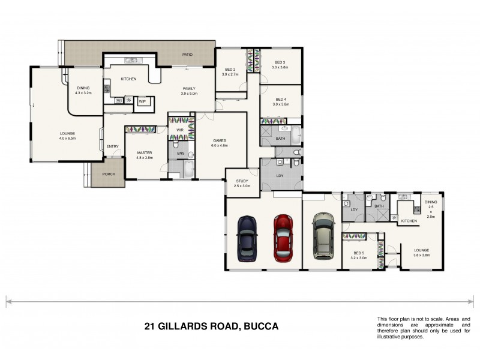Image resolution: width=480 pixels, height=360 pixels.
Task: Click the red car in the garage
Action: click(283, 238)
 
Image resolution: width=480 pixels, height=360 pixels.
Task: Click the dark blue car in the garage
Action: click(247, 238)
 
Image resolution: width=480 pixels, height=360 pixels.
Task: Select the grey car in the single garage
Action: click(323, 235)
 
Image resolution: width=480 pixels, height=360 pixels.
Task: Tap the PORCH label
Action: click(109, 175)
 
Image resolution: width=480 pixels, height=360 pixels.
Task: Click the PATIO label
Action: click(188, 55)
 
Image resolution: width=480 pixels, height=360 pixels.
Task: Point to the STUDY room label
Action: click(242, 181)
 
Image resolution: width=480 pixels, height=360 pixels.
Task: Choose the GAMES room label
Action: click(219, 140)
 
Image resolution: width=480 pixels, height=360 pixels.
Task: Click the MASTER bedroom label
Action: click(144, 153)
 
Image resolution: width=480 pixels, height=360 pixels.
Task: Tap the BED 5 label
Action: click(359, 253)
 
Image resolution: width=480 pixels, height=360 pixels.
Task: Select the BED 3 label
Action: click(280, 62)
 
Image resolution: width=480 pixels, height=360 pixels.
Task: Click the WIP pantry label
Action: click(142, 101)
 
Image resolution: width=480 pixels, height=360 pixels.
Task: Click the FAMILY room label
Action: click(190, 88)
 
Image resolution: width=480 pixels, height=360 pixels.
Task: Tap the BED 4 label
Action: click(280, 99)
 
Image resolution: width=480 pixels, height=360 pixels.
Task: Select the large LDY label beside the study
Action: click(280, 176)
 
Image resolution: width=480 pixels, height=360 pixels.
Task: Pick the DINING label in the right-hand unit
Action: click(430, 202)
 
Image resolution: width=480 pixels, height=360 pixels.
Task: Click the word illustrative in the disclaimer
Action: click(391, 337)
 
